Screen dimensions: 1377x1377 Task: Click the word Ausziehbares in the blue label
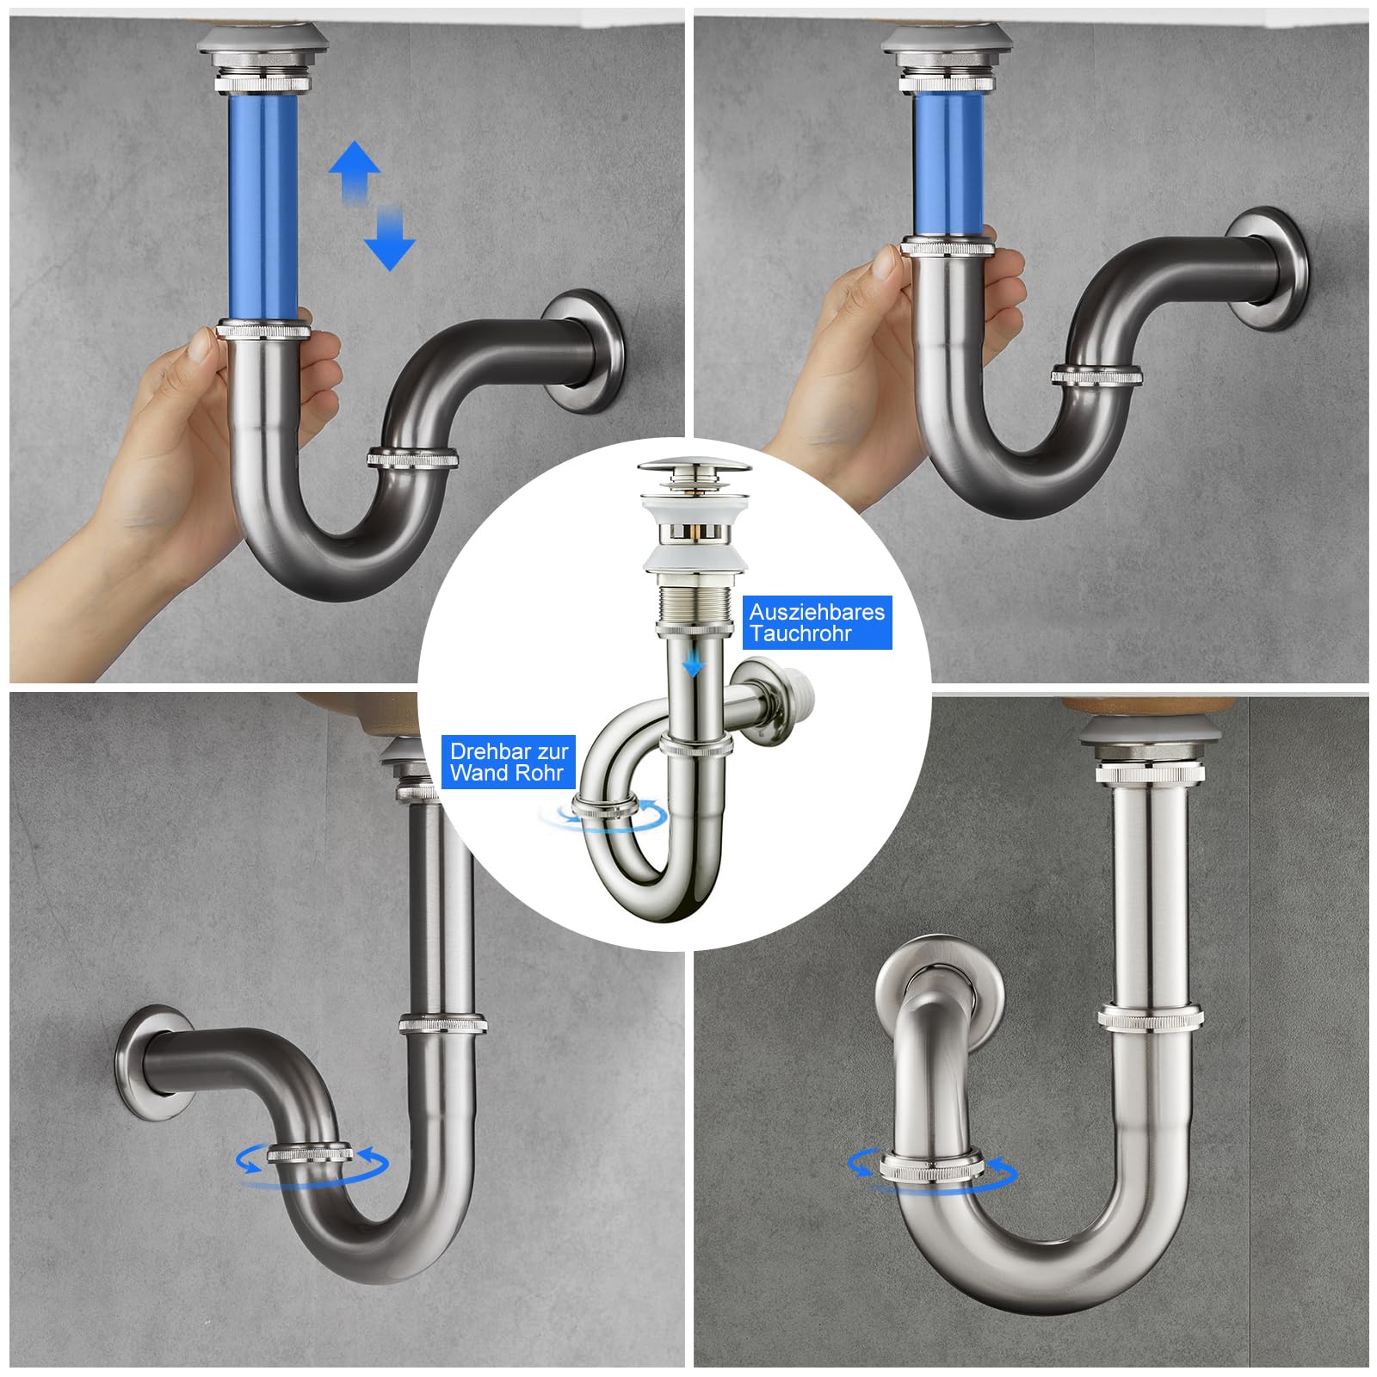click(x=817, y=612)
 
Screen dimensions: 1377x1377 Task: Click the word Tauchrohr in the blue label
click(x=800, y=633)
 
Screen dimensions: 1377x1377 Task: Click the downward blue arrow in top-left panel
click(x=390, y=238)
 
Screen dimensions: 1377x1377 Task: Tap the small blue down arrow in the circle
click(x=688, y=664)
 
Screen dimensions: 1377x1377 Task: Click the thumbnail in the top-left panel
click(x=201, y=344)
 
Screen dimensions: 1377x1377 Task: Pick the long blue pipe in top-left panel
click(x=263, y=207)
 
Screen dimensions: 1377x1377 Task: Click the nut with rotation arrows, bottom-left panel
click(x=311, y=1154)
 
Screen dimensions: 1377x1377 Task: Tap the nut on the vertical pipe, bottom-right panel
click(x=1149, y=1016)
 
